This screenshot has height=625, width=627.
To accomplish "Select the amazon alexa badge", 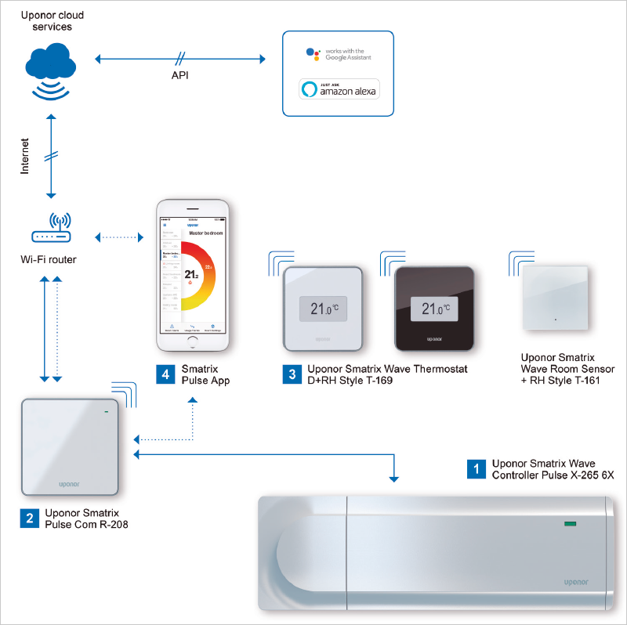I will tap(338, 89).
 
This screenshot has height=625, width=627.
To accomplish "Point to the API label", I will tap(180, 76).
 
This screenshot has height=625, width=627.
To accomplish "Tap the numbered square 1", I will tap(476, 468).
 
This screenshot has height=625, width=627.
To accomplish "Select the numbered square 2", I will tap(29, 518).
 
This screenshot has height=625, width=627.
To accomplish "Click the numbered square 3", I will tap(292, 374).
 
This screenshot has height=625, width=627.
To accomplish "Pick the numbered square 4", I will tap(165, 374).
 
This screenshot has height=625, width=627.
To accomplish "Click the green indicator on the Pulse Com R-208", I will tap(106, 411).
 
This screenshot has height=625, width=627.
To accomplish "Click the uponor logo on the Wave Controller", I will tap(580, 581).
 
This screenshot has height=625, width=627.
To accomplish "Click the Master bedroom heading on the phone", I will tap(206, 233).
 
